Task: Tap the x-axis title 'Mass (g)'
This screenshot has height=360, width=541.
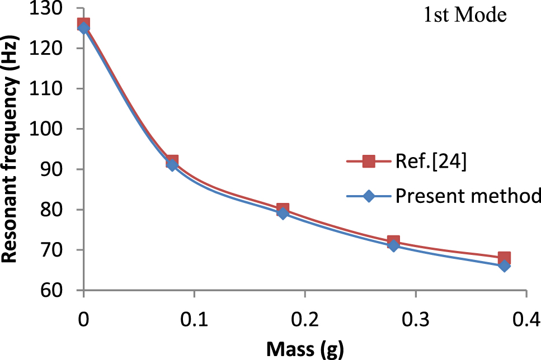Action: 304,350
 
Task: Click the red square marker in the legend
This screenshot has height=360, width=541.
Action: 368,162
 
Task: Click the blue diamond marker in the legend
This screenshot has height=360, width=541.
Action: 368,196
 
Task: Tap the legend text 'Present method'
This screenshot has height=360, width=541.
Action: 468,196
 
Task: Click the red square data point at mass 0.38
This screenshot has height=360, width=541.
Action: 504,258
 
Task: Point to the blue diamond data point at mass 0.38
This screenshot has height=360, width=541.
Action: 504,266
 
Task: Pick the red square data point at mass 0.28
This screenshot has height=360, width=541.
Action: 393,242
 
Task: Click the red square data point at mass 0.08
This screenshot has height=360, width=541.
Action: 172,162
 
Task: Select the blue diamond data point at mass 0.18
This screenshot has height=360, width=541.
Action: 283,214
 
